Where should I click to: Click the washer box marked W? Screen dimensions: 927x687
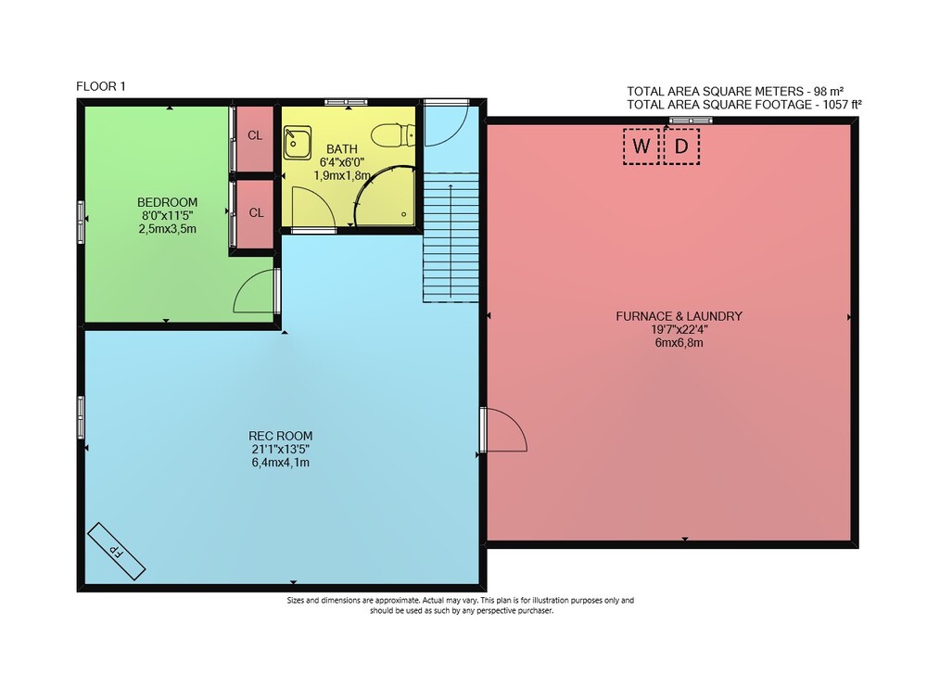(x=641, y=146)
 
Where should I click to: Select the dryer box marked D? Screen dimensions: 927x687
(x=681, y=146)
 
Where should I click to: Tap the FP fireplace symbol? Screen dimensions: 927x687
(x=117, y=552)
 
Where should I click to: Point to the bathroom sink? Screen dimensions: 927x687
(x=298, y=142)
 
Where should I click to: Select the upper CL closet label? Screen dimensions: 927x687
(x=255, y=135)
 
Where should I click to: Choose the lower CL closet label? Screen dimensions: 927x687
(x=256, y=213)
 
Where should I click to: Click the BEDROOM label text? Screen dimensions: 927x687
(x=167, y=202)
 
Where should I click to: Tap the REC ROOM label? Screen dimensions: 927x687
(x=280, y=437)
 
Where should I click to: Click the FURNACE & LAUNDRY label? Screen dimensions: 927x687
(x=679, y=316)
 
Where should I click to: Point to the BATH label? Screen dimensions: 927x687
(x=342, y=149)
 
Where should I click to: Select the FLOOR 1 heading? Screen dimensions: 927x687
(x=101, y=86)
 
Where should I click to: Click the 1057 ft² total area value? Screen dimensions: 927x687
(x=839, y=105)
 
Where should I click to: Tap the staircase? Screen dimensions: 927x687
(x=451, y=237)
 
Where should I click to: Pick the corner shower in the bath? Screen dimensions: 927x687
(x=385, y=197)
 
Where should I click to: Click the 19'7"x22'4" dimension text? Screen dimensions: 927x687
(x=679, y=330)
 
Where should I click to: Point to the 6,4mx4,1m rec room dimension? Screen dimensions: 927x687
(x=280, y=463)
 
